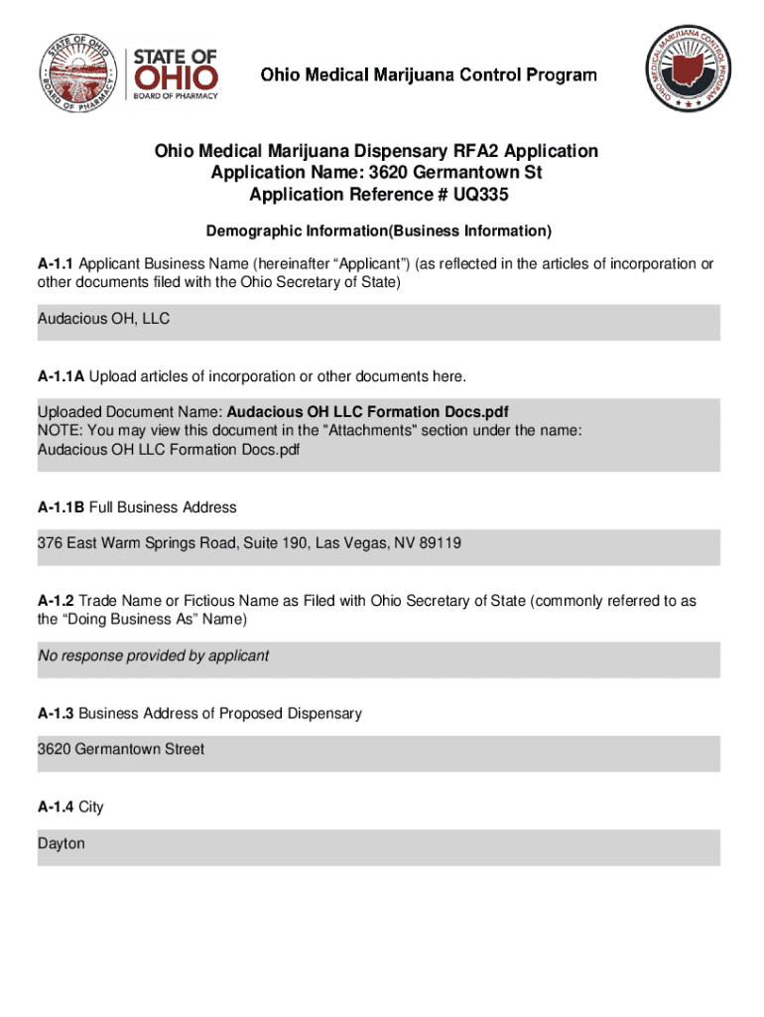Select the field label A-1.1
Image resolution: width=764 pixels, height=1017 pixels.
[x=56, y=263]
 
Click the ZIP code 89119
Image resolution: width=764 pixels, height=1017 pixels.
[x=440, y=544]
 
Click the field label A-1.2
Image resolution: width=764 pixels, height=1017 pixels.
[x=56, y=601]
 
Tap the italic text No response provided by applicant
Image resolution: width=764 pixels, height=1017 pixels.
[x=153, y=655]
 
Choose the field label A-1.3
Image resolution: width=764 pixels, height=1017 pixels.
[x=56, y=713]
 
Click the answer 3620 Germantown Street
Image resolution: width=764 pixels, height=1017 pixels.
[x=121, y=749]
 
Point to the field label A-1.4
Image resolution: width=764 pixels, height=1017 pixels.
[x=56, y=806]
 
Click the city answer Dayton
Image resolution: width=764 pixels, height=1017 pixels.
[x=62, y=843]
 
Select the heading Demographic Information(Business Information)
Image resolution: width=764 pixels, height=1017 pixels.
[x=378, y=231]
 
